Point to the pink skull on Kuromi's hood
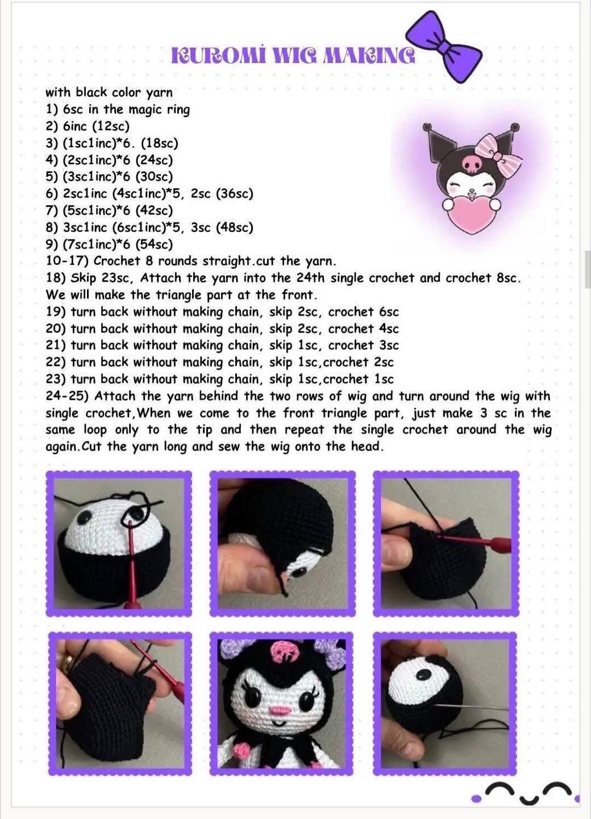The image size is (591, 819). click(472, 165)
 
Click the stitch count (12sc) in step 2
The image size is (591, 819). click(111, 126)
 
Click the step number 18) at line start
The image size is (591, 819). click(56, 278)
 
